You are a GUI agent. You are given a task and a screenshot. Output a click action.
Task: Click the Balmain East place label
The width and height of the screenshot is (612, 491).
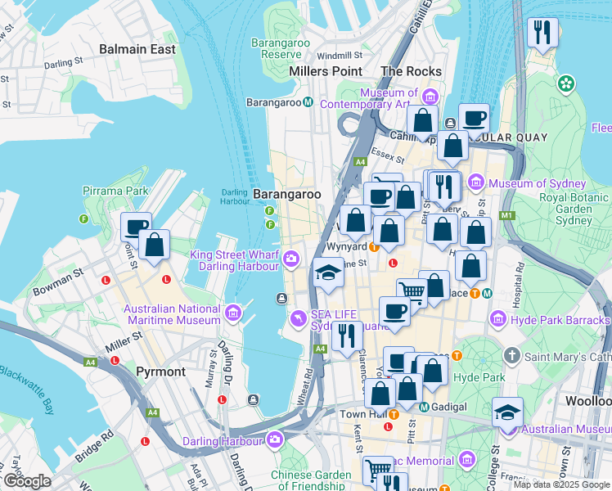(137, 49)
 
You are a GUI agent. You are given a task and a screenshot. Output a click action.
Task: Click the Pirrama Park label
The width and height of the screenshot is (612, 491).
(115, 191)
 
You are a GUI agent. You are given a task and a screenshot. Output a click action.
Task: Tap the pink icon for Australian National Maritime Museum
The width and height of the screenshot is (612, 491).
(234, 312)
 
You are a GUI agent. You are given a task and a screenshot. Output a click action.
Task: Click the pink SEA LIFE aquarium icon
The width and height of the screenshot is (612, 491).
(299, 317)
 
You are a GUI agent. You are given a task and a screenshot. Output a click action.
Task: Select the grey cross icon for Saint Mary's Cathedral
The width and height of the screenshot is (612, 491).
(512, 356)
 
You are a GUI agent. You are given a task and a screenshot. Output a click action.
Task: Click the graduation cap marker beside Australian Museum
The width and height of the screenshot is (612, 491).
(507, 411)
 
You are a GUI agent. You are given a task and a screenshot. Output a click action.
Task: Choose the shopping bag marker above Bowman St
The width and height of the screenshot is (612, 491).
(154, 244)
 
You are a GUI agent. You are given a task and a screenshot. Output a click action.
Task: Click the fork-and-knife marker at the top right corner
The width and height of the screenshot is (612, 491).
(542, 33)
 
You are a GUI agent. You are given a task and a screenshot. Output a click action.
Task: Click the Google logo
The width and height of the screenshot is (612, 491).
(27, 481)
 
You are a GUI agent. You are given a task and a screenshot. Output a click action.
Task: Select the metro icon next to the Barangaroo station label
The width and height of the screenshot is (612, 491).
(308, 102)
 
